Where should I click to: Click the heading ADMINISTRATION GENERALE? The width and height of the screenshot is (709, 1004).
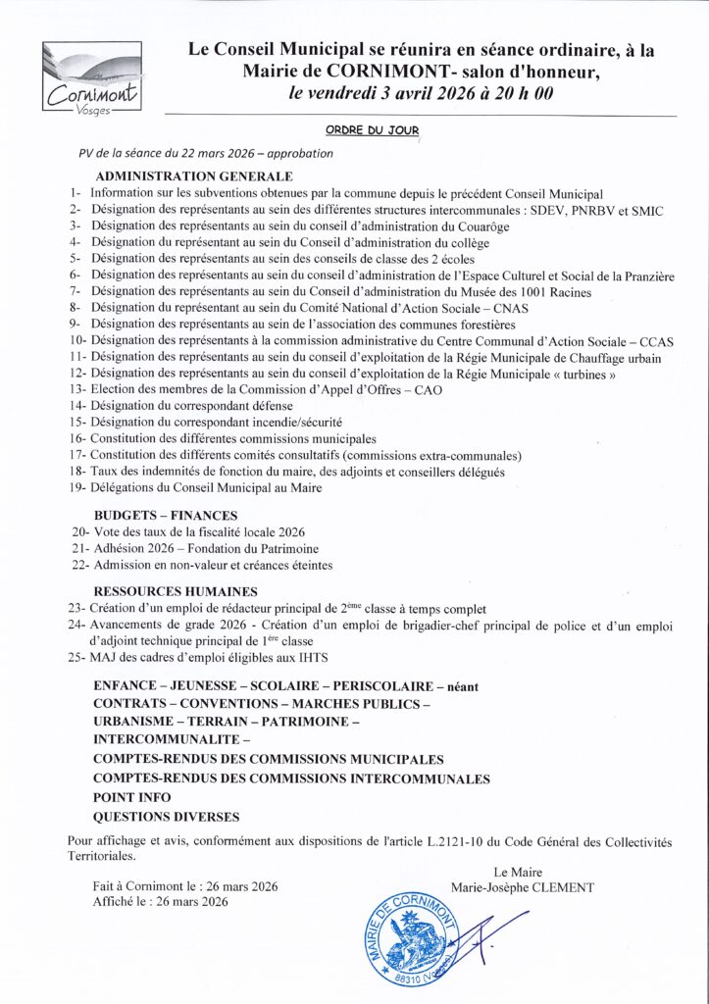coord(195,176)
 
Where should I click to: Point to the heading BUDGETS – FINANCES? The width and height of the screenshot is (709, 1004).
coord(165,515)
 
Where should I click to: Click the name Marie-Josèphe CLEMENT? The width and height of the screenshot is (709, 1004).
coord(522,887)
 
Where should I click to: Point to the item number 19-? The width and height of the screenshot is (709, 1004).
coord(78,488)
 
